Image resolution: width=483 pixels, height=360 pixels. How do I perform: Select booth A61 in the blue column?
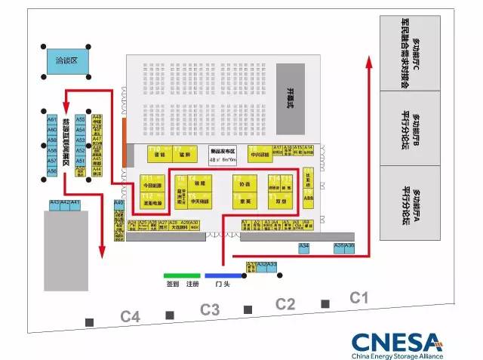pyautogui.click(x=52, y=120)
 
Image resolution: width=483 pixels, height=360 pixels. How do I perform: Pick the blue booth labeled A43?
pyautogui.click(x=54, y=204)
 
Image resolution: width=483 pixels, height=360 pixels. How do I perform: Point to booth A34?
pyautogui.click(x=304, y=247)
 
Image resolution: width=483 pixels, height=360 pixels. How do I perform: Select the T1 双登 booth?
pyautogui.click(x=281, y=199)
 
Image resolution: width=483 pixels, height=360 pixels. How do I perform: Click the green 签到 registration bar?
pyautogui.click(x=182, y=275)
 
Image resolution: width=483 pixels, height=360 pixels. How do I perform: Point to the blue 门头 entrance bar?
pyautogui.click(x=223, y=275)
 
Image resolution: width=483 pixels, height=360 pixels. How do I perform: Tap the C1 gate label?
pyautogui.click(x=359, y=298)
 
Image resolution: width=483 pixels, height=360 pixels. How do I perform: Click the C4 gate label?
pyautogui.click(x=131, y=317)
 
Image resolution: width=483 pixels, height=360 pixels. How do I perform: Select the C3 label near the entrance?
pyautogui.click(x=209, y=309)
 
